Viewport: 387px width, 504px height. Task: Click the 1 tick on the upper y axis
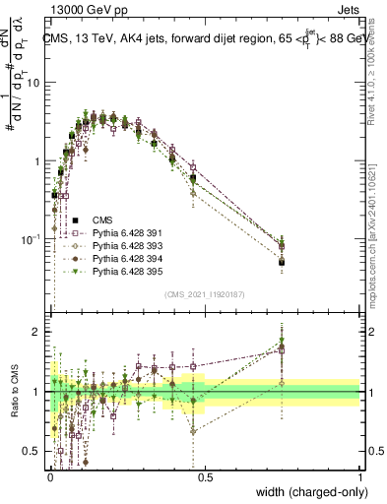pyautogui.click(x=40, y=160)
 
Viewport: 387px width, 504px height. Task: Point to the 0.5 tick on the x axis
pyautogui.click(x=205, y=477)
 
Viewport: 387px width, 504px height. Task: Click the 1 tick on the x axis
pyautogui.click(x=360, y=477)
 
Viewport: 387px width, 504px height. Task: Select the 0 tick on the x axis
pyautogui.click(x=49, y=477)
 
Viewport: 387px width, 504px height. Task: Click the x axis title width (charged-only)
pyautogui.click(x=306, y=492)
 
